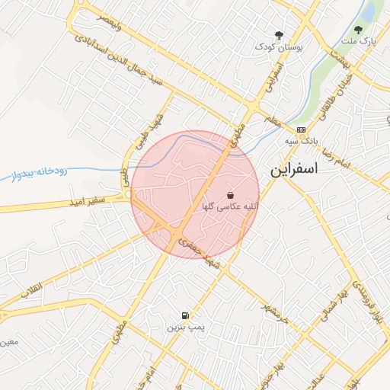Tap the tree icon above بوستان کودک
pos(279,35)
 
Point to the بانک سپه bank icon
pos(301,129)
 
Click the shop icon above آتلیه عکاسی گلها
pos(230,195)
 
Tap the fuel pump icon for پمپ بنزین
pos(186,315)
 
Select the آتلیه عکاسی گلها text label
pos(230,206)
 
